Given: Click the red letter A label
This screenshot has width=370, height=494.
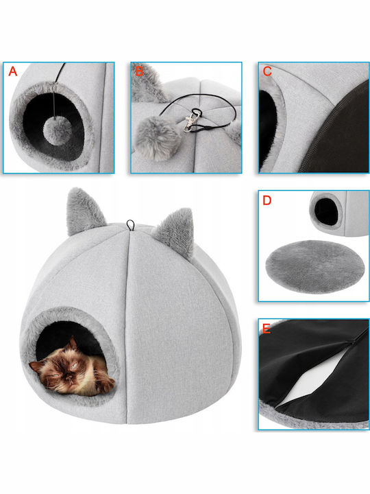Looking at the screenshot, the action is point(12,71).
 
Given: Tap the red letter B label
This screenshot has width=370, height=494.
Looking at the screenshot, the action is point(138,71).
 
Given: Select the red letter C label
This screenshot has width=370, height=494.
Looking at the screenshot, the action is point(267,71).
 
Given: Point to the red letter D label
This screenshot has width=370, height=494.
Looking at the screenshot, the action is point(267,200).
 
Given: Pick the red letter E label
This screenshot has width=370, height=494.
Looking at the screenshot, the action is point(266,329).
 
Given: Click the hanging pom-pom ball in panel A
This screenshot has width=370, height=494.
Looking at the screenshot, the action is point(58,131).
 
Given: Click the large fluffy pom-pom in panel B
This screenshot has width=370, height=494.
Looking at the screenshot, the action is point(156,139).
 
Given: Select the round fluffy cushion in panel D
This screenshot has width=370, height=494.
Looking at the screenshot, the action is point(313,266).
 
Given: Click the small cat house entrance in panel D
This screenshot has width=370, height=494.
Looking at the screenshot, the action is point(327,211).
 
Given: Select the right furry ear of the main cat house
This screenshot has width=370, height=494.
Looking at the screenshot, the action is point(175,231).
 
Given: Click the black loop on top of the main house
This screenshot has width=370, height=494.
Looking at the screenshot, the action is point(131,225).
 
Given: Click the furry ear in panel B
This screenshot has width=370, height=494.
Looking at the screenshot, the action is point(147,84).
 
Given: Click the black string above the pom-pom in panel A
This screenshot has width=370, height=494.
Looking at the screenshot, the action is point(56,91).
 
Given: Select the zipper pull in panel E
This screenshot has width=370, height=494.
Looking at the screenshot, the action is point(354,341).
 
